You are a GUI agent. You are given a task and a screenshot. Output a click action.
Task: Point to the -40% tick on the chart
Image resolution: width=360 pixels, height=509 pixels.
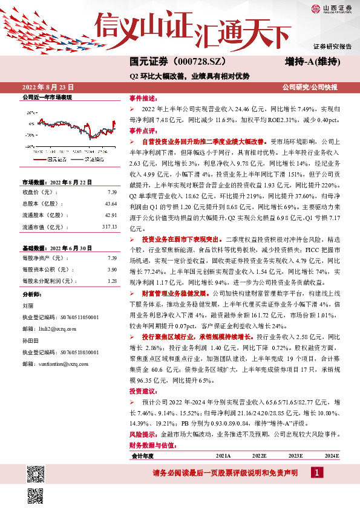[30, 146]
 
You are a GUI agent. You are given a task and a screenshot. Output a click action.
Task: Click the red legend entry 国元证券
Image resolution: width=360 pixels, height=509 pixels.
[57, 159]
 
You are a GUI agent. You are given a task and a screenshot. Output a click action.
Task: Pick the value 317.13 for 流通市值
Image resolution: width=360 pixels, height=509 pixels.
[109, 227]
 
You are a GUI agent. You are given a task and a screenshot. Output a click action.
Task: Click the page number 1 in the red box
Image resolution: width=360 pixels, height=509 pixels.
[316, 472]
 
